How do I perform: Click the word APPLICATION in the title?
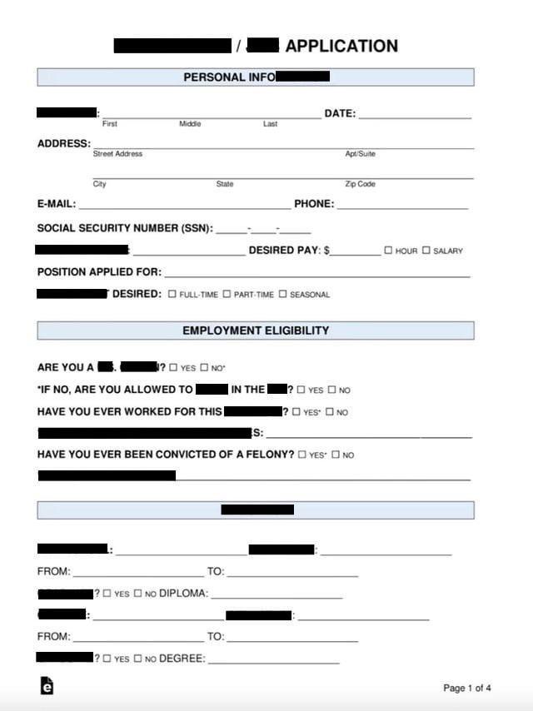(x=341, y=47)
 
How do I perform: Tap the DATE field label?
(x=340, y=113)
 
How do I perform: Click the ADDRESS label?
(x=63, y=143)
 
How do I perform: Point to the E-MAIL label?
(x=56, y=204)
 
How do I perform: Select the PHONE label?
(x=314, y=204)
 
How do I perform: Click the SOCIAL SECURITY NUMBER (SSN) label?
(x=125, y=228)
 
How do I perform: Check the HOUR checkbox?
(x=388, y=250)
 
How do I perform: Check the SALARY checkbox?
(x=426, y=250)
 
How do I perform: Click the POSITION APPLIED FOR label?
(x=99, y=272)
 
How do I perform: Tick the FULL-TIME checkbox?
(x=172, y=294)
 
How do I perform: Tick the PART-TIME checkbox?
(x=227, y=294)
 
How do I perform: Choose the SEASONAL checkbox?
(x=283, y=294)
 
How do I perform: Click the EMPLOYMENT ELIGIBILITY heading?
(x=256, y=331)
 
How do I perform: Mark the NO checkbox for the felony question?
(x=336, y=455)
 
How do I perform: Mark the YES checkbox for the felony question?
(x=302, y=455)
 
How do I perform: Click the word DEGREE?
(x=182, y=659)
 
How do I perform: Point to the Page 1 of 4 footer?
(x=467, y=688)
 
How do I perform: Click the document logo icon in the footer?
(x=47, y=685)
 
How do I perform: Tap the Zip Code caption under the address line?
(x=360, y=184)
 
